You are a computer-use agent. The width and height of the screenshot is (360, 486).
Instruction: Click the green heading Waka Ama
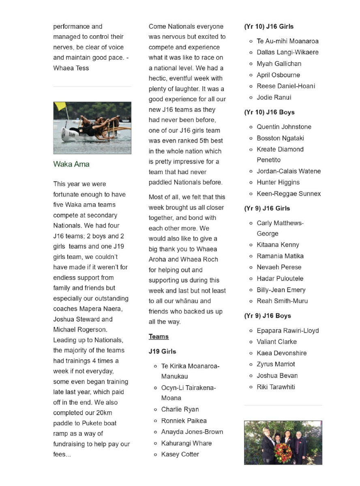[x=71, y=164]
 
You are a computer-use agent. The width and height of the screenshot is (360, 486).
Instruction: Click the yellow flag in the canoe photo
[x=61, y=107]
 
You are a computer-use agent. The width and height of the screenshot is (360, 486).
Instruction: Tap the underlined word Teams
[x=159, y=337]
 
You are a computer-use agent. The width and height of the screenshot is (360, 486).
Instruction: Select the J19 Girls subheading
[x=162, y=351]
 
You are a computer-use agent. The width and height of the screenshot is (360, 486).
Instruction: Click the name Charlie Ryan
[x=180, y=409]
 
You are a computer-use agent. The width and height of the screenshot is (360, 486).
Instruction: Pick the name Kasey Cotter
[x=180, y=454]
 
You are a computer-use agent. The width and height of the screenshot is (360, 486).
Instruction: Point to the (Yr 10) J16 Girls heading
[x=269, y=26]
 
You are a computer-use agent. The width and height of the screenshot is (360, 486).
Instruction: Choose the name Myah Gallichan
[x=279, y=64]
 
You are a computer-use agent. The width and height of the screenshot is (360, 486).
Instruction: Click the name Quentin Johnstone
[x=284, y=127]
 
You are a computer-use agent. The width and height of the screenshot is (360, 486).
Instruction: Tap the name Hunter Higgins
[x=278, y=182]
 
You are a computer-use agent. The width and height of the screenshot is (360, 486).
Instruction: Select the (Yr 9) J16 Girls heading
[x=267, y=208]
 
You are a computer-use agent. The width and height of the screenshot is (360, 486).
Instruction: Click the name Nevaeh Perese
[x=279, y=267]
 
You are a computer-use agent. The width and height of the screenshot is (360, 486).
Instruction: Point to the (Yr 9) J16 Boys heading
[x=267, y=315]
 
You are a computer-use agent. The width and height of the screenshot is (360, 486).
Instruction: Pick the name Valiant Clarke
[x=276, y=342]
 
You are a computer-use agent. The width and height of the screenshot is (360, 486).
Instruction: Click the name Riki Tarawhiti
[x=276, y=387]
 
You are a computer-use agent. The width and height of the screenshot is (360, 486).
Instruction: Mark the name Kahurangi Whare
[x=186, y=443]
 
